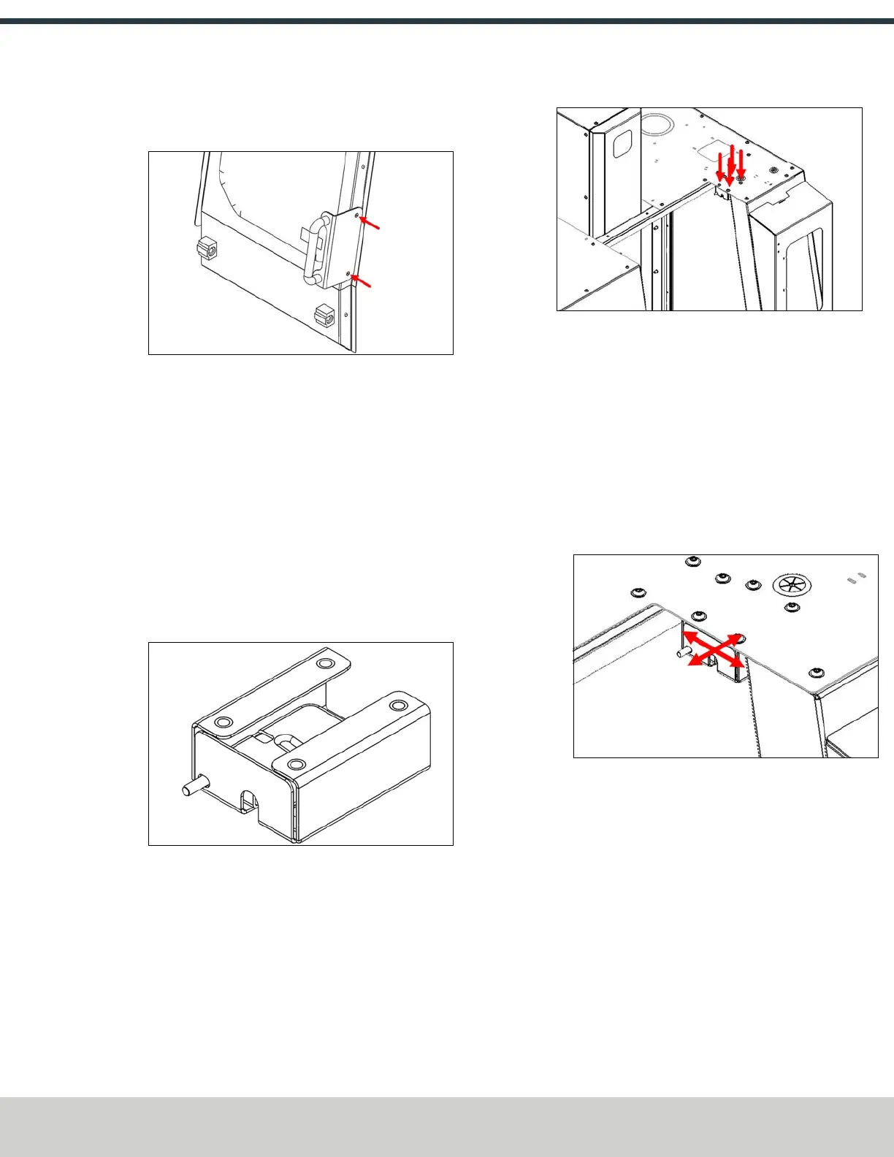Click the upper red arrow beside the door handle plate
click(x=370, y=223)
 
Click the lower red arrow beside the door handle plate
click(x=362, y=281)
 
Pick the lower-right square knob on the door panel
click(x=323, y=316)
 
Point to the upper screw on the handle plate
click(x=356, y=216)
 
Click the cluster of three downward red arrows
click(x=730, y=165)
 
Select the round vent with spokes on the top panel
click(x=788, y=584)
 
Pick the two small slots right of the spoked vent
click(x=855, y=578)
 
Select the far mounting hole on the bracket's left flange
click(x=322, y=663)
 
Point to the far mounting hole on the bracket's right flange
click(x=397, y=706)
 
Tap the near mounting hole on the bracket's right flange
click(x=295, y=765)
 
